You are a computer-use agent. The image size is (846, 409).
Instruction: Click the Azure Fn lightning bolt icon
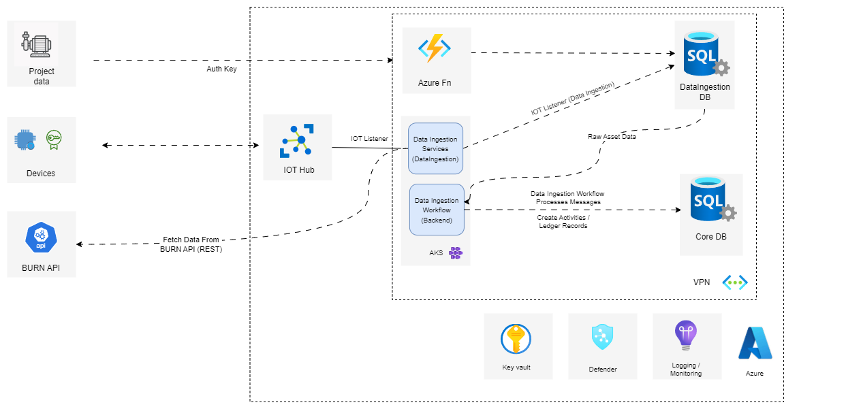[x=435, y=49]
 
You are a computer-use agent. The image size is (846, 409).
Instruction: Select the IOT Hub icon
[x=298, y=141]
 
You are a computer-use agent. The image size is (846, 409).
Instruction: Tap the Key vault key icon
[x=516, y=339]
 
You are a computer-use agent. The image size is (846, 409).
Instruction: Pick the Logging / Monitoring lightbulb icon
[x=685, y=336]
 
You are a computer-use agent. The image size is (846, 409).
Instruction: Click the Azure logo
[x=755, y=344]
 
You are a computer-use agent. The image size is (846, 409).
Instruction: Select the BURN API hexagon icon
[x=40, y=238]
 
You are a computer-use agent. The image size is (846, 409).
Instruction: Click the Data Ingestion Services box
[x=435, y=148]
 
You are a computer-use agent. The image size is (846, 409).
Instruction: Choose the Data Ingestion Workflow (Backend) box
[x=437, y=210]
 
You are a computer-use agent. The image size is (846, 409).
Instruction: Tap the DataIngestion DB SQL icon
[x=703, y=52]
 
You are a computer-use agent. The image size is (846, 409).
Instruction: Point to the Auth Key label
[x=221, y=69]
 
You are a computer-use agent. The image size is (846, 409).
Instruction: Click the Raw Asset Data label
[x=612, y=137]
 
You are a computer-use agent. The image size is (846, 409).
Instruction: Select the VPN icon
[x=735, y=282]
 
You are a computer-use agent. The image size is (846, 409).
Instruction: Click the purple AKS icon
[x=456, y=253]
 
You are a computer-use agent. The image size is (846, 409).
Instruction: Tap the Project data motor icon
[x=35, y=43]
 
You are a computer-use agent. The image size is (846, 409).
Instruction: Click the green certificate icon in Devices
[x=54, y=140]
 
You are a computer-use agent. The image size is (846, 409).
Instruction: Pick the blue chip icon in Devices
[x=25, y=140]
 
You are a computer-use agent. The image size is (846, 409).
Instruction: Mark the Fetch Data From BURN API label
[x=193, y=244]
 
